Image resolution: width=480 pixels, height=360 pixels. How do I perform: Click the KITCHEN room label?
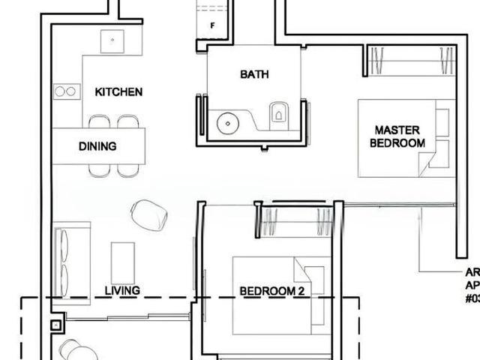click(118, 91)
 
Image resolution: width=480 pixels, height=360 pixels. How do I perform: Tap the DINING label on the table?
click(97, 146)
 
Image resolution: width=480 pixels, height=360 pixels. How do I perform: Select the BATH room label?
click(254, 74)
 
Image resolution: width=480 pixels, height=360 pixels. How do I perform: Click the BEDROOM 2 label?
click(271, 291)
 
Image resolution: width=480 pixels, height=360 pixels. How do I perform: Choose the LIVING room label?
click(122, 290)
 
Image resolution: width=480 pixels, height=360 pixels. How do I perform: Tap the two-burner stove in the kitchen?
click(65, 91)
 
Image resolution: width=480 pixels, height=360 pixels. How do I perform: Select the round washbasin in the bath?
click(226, 121)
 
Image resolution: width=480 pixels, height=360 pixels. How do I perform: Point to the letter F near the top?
click(213, 25)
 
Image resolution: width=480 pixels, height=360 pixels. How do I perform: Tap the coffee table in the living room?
click(122, 262)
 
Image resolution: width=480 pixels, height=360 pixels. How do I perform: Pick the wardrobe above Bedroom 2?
click(295, 223)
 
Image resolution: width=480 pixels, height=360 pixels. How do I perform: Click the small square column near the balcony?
click(55, 325)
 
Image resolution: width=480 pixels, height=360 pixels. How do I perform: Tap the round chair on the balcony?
click(78, 350)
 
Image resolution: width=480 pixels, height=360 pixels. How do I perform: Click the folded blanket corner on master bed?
click(428, 160)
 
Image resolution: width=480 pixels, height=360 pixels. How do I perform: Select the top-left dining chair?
click(99, 121)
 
